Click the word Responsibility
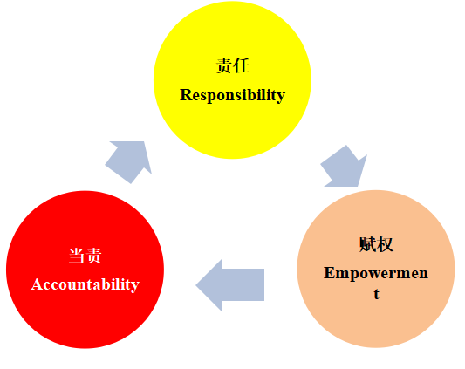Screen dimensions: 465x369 (x=232, y=95)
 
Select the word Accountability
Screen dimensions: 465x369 (x=85, y=284)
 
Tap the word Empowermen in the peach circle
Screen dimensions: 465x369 (x=376, y=273)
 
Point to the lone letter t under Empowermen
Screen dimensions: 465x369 (x=376, y=294)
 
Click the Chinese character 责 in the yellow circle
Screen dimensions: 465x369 (x=224, y=65)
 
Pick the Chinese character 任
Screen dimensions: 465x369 (x=242, y=65)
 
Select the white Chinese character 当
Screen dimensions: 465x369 (x=77, y=256)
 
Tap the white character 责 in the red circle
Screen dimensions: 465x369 (x=93, y=256)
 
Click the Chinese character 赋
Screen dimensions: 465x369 (x=368, y=245)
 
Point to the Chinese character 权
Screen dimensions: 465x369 (x=385, y=245)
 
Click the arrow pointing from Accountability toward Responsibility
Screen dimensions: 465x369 (x=129, y=161)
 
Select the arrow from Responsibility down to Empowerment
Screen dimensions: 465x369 (x=345, y=167)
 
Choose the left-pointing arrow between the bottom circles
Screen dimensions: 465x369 (x=229, y=285)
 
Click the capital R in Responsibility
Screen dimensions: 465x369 (x=186, y=95)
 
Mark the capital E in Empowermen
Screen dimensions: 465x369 (x=329, y=272)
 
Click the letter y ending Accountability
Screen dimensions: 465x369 (x=136, y=287)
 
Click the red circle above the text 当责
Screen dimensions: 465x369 (x=85, y=220)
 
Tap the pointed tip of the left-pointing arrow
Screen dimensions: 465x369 (x=196, y=285)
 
